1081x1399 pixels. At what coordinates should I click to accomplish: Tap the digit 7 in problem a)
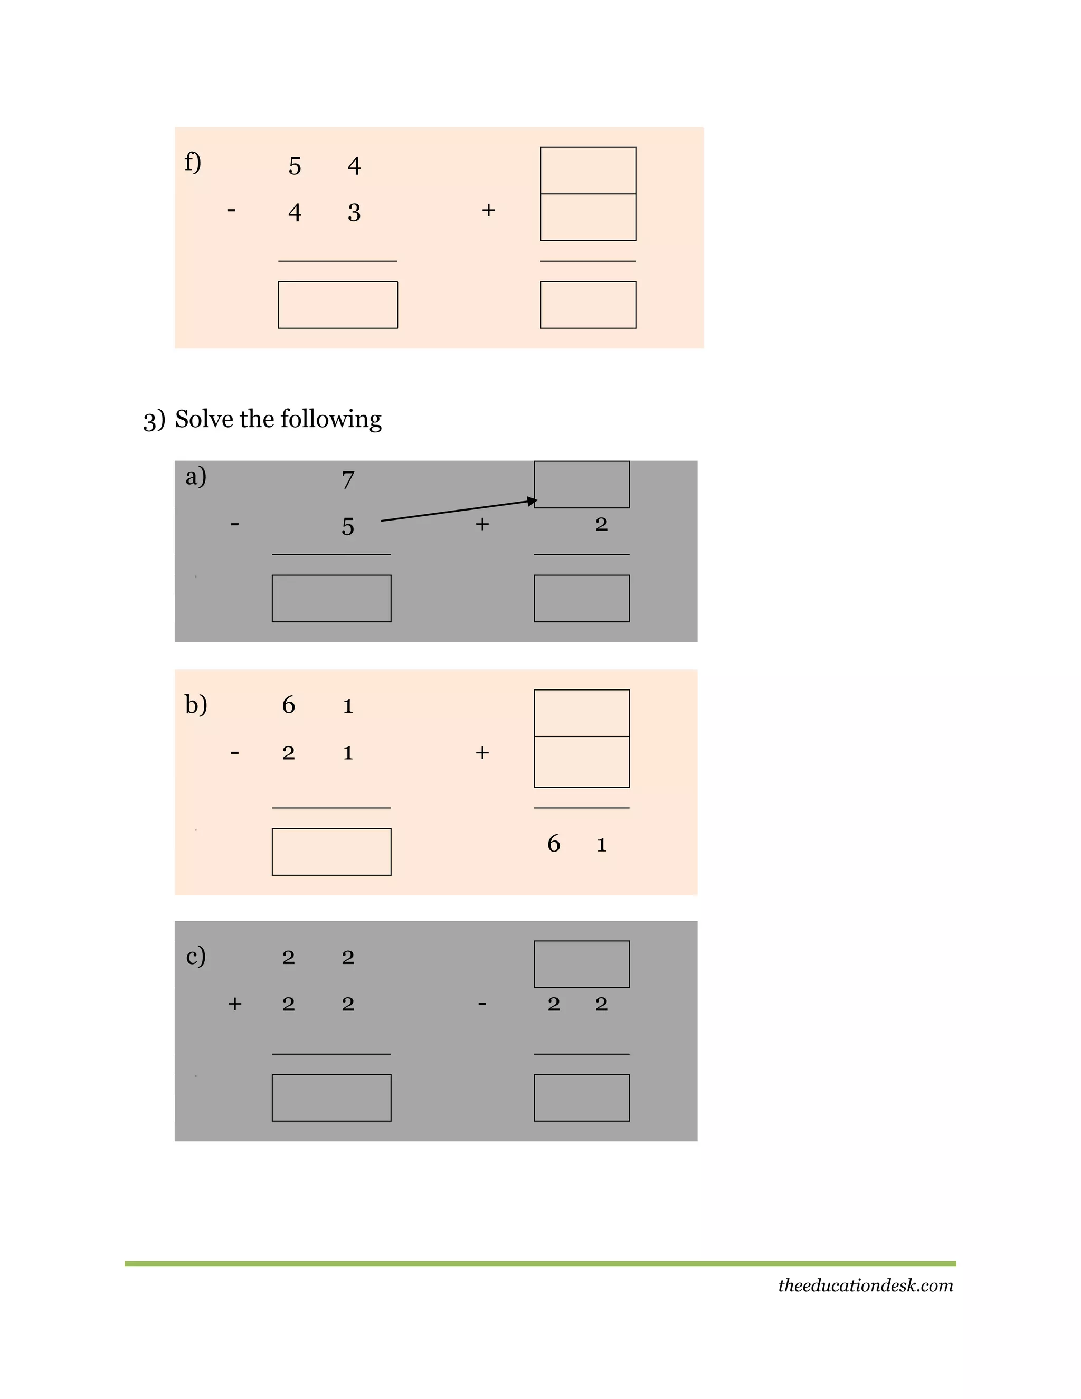pyautogui.click(x=348, y=479)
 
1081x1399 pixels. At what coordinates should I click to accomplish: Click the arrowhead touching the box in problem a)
pyautogui.click(x=532, y=501)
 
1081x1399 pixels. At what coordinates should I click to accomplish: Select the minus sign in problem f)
pyautogui.click(x=232, y=210)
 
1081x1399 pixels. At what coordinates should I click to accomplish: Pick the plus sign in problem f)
pyautogui.click(x=489, y=210)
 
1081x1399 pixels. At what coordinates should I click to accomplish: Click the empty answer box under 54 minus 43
pyautogui.click(x=337, y=305)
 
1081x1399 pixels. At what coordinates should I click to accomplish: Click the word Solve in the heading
pyautogui.click(x=204, y=419)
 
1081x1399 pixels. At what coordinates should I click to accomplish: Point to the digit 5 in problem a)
pyautogui.click(x=348, y=526)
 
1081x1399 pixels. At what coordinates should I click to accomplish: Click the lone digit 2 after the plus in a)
pyautogui.click(x=601, y=524)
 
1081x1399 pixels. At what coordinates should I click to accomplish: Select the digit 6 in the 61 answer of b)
pyautogui.click(x=554, y=843)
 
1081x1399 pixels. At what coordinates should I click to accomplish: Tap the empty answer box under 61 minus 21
pyautogui.click(x=331, y=852)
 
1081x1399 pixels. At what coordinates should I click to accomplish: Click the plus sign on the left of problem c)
pyautogui.click(x=235, y=1004)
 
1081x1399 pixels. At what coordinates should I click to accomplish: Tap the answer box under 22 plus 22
pyautogui.click(x=331, y=1098)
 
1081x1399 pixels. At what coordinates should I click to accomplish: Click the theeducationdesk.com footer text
pyautogui.click(x=865, y=1285)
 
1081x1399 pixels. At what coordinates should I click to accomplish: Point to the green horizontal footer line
pyautogui.click(x=540, y=1264)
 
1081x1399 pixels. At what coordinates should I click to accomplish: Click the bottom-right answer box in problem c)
pyautogui.click(x=582, y=1098)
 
